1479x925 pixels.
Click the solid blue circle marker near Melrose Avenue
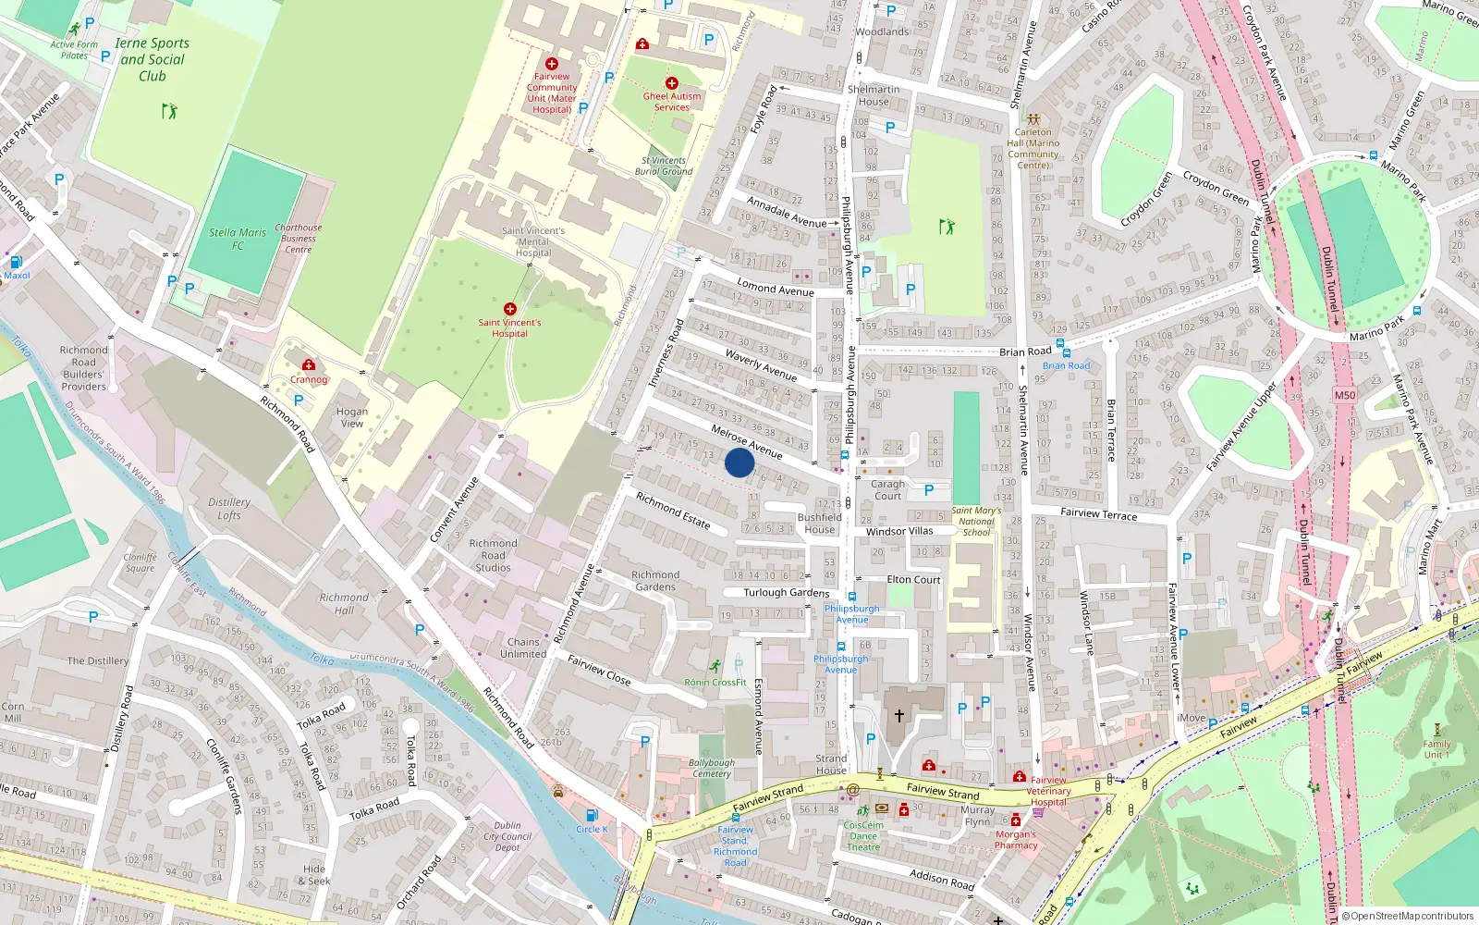click(x=739, y=462)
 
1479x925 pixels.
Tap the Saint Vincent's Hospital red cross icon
click(x=509, y=309)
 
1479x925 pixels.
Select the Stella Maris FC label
click(x=238, y=239)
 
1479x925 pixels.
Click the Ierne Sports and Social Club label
click(x=153, y=59)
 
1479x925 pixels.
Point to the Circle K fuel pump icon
click(x=592, y=815)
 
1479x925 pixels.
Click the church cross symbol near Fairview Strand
click(x=898, y=716)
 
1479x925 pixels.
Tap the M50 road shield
click(x=1344, y=395)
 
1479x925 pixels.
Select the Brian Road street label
click(x=1025, y=351)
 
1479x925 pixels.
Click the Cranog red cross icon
click(x=309, y=365)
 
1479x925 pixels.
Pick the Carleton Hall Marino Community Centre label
click(x=1033, y=148)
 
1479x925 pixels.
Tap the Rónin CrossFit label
click(x=715, y=683)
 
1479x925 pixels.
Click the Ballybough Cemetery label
click(x=712, y=769)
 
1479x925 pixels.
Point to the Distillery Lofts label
click(x=229, y=508)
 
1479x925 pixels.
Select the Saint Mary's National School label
click(x=976, y=522)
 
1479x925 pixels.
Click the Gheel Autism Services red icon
click(x=672, y=83)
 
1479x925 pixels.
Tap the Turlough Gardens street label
click(x=787, y=592)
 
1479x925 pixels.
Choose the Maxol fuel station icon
click(x=16, y=262)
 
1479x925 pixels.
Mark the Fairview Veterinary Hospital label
click(x=1048, y=791)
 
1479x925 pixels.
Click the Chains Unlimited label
click(x=523, y=647)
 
